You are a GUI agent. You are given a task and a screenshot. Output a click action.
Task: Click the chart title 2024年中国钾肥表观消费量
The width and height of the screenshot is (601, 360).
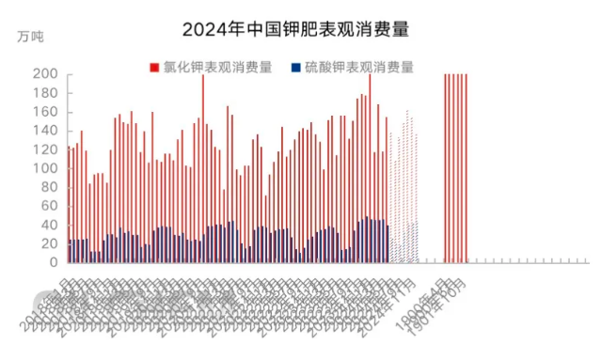(x=300, y=29)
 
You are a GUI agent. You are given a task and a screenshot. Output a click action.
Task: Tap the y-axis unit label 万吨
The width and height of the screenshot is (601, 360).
(x=30, y=37)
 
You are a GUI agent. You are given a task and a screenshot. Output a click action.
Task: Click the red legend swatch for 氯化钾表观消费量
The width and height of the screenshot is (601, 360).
(x=153, y=67)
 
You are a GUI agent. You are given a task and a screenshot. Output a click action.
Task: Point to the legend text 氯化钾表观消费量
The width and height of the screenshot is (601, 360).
(x=214, y=67)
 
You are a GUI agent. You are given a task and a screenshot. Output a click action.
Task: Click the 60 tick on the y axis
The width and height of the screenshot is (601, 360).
(x=49, y=206)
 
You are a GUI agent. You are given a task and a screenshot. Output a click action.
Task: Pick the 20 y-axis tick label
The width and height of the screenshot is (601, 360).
(x=49, y=243)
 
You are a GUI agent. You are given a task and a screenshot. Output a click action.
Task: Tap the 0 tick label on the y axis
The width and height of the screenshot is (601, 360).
(x=54, y=262)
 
